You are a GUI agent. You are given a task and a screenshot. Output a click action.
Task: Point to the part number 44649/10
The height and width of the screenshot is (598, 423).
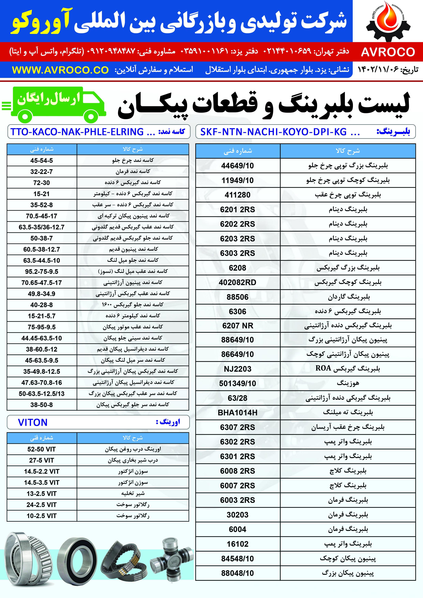click(x=237, y=166)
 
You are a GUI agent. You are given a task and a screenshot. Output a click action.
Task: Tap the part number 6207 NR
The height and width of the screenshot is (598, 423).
click(x=237, y=326)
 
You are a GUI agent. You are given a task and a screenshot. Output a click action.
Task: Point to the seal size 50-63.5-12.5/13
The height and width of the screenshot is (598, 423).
click(x=41, y=394)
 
